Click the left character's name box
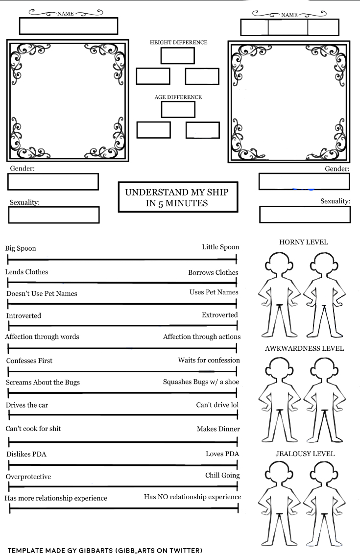69,26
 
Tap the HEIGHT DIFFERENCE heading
178,43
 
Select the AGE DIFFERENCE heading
178,97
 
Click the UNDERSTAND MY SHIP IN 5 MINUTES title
177,197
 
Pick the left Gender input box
53,182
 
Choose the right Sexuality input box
305,215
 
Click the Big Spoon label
21,248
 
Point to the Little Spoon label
220,247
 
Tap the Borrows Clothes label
213,272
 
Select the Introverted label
24,315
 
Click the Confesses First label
29,361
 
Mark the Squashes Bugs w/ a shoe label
201,382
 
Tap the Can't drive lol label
218,405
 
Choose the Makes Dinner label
218,429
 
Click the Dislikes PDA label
26,454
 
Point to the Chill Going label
222,475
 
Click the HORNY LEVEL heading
304,242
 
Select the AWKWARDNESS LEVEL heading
304,349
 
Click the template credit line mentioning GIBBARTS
105,550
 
